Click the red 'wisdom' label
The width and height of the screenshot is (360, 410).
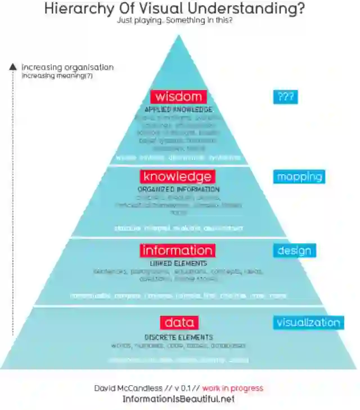click(x=178, y=96)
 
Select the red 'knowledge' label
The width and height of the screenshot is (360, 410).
click(x=177, y=176)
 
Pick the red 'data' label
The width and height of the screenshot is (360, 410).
click(x=179, y=322)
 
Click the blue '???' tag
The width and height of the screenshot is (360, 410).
click(x=286, y=96)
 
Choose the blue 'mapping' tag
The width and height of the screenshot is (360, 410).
click(x=300, y=176)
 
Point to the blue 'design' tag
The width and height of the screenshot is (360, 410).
click(x=295, y=250)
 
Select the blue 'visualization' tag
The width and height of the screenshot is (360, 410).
click(x=308, y=322)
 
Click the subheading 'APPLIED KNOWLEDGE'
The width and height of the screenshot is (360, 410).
click(x=178, y=109)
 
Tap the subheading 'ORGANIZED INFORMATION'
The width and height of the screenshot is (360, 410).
click(x=178, y=189)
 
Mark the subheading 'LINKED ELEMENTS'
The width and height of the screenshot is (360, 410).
click(x=178, y=263)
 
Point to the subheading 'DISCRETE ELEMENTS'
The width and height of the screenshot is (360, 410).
click(x=178, y=337)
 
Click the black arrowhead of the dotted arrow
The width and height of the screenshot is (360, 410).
click(x=13, y=66)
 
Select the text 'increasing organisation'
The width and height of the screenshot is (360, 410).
click(x=67, y=67)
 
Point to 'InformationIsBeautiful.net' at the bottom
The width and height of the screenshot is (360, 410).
click(x=178, y=399)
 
